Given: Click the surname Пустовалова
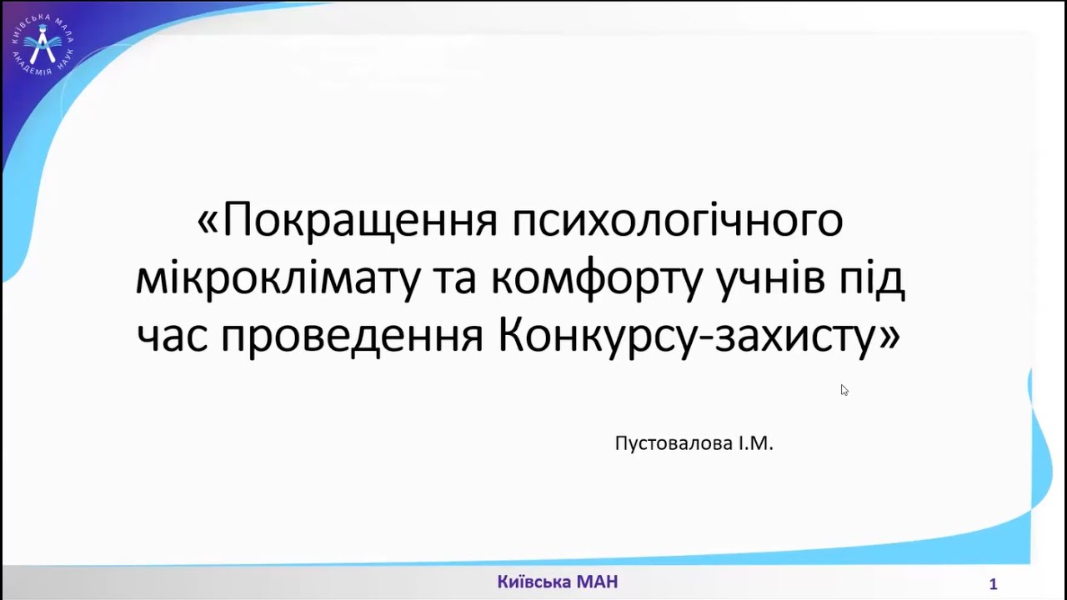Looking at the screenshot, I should (x=672, y=443).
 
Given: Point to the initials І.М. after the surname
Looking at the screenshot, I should (x=754, y=443).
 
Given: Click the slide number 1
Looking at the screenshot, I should (x=993, y=584).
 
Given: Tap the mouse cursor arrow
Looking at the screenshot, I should (x=844, y=389).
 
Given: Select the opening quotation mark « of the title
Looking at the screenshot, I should (x=208, y=222).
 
